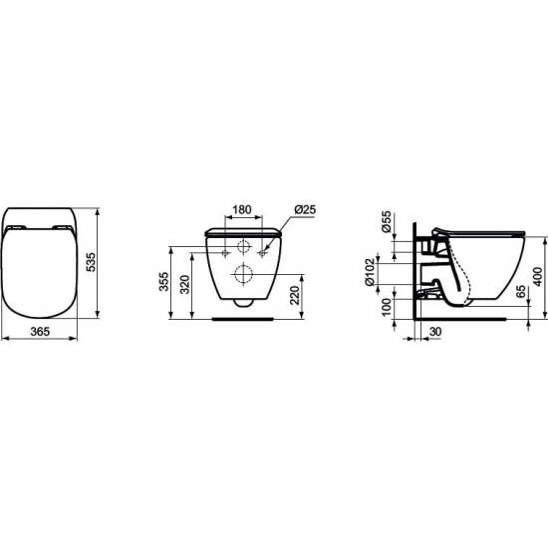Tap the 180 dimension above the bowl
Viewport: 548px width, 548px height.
(240, 211)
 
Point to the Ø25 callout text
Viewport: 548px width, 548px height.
(304, 211)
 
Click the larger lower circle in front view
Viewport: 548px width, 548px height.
(240, 274)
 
